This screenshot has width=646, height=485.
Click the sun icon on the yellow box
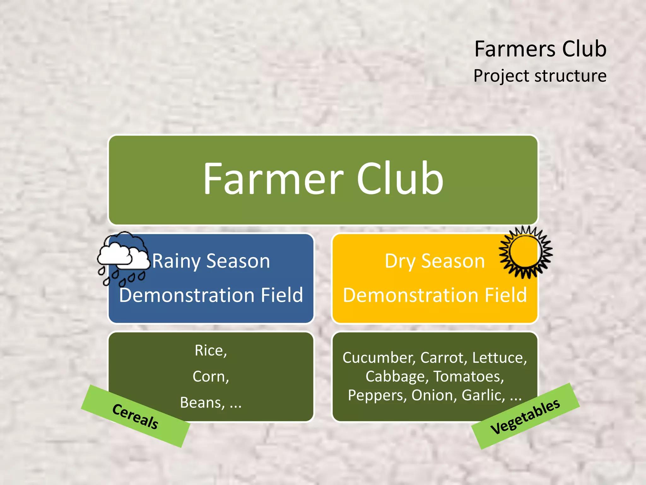[x=526, y=252]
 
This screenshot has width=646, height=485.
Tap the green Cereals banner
[x=136, y=416]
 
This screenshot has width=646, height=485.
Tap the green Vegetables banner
[x=526, y=416]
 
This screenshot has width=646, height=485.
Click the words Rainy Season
[x=211, y=261]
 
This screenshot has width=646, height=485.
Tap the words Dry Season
[x=435, y=261]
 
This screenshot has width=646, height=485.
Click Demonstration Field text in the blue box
[x=211, y=295]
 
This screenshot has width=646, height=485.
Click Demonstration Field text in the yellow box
[x=435, y=295]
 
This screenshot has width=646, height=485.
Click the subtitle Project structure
[x=540, y=76]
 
